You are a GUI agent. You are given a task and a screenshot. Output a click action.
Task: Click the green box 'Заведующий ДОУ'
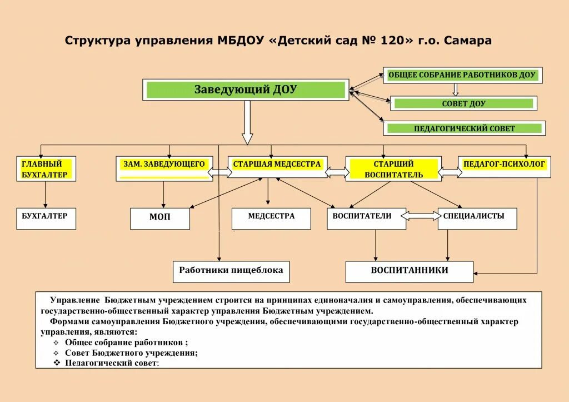(x=246, y=90)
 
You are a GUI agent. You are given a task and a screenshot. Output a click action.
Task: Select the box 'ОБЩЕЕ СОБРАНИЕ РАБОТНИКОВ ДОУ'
(x=461, y=76)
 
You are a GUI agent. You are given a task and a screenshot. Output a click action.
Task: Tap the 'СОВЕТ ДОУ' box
(x=463, y=103)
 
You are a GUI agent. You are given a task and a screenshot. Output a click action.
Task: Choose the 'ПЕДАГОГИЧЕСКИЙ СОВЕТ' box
(x=464, y=128)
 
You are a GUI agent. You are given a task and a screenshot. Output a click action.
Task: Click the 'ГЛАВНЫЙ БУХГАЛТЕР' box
(x=46, y=169)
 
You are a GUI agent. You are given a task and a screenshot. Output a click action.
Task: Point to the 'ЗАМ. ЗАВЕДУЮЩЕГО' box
(x=163, y=168)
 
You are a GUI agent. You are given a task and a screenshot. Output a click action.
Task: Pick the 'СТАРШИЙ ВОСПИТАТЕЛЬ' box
(x=393, y=169)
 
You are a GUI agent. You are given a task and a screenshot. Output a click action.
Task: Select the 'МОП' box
(x=160, y=218)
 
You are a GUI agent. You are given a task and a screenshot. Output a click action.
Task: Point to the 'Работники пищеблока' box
(x=231, y=271)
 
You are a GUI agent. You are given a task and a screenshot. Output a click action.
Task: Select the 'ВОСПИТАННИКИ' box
(x=410, y=271)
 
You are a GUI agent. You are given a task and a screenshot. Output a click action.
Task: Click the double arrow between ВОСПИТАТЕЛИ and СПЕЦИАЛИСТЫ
(x=422, y=216)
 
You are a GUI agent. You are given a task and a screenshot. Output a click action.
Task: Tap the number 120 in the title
(x=396, y=41)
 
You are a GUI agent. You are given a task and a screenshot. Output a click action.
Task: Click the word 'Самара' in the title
(x=468, y=41)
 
